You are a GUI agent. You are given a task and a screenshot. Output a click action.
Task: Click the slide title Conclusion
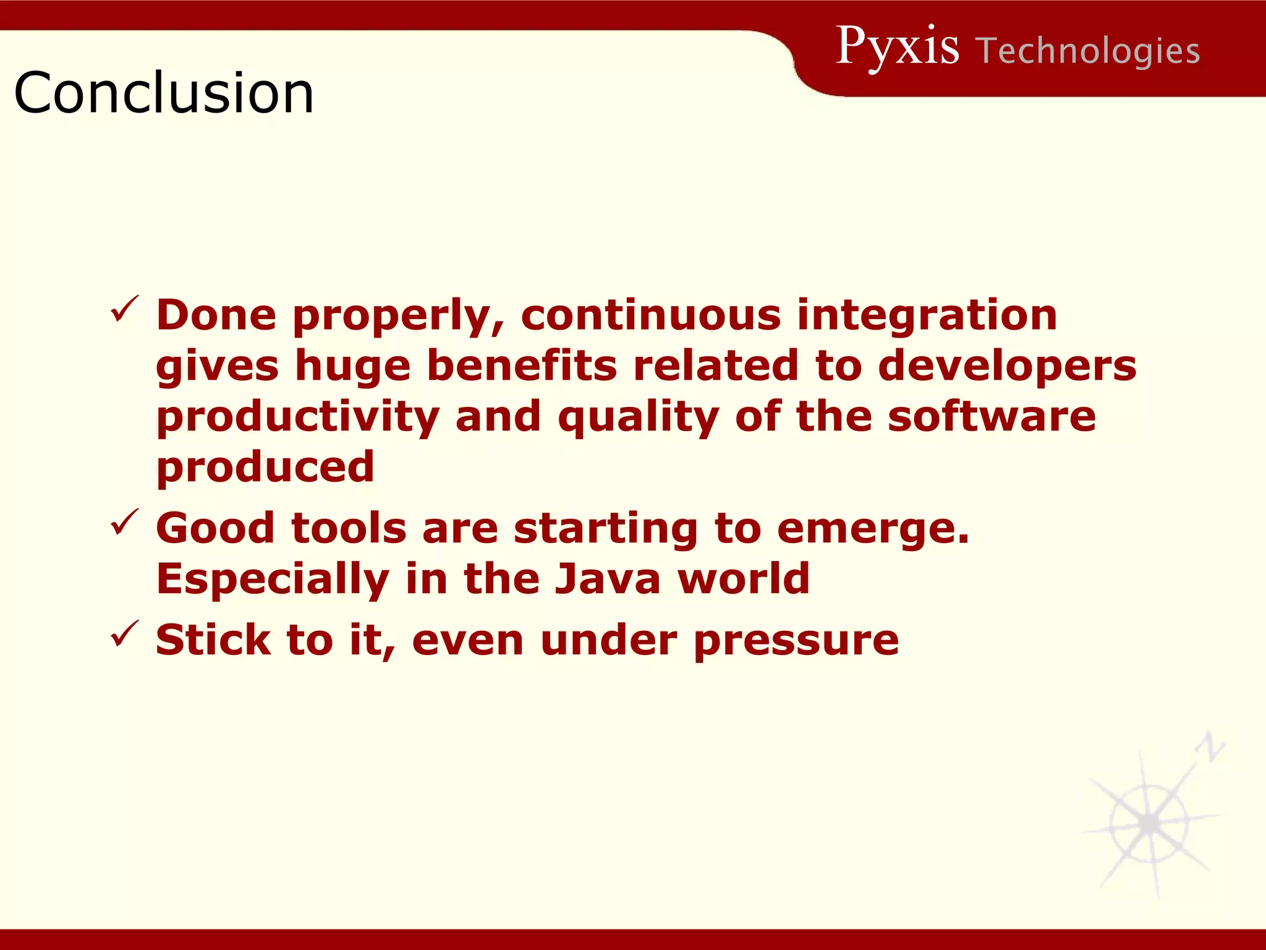tap(164, 93)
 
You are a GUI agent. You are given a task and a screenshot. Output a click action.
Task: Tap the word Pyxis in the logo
tap(897, 47)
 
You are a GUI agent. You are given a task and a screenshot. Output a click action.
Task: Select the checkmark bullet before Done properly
tap(125, 309)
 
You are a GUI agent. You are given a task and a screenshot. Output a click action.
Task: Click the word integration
tap(927, 315)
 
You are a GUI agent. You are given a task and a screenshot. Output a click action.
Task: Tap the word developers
tap(1007, 366)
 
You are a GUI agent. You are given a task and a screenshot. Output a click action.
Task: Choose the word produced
tap(265, 467)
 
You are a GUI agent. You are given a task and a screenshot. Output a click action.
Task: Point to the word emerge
tap(872, 529)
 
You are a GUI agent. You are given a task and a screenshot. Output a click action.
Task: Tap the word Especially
tap(273, 580)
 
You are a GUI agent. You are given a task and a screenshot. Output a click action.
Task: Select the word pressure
tap(796, 641)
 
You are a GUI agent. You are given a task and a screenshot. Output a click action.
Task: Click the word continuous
tap(651, 315)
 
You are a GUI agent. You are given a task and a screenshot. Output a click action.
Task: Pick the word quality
tap(638, 417)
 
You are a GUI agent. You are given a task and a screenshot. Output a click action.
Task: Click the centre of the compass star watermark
tap(1149, 823)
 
